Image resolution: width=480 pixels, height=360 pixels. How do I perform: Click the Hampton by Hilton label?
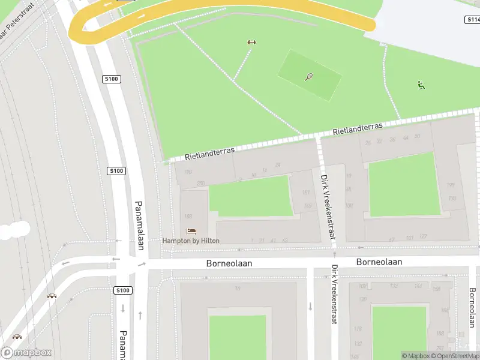(191, 241)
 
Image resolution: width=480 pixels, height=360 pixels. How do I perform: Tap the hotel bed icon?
(191, 231)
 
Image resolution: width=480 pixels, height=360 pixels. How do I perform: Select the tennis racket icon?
(309, 77)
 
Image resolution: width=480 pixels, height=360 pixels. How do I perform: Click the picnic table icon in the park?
(251, 42)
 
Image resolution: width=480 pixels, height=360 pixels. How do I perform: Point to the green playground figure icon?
(421, 85)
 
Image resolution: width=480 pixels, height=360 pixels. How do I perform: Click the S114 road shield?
(473, 20)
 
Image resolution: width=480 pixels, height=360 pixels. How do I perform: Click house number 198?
(188, 172)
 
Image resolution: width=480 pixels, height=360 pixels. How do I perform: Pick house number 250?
(201, 183)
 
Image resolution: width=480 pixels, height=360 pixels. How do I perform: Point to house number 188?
(188, 216)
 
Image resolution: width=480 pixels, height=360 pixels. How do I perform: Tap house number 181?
(306, 193)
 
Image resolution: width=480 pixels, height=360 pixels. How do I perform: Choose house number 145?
(308, 206)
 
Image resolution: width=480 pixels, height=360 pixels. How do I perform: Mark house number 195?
(451, 185)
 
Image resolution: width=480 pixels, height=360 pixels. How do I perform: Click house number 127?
(423, 237)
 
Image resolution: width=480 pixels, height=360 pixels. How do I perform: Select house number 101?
(410, 238)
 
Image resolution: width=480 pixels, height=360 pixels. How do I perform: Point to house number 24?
(277, 165)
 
